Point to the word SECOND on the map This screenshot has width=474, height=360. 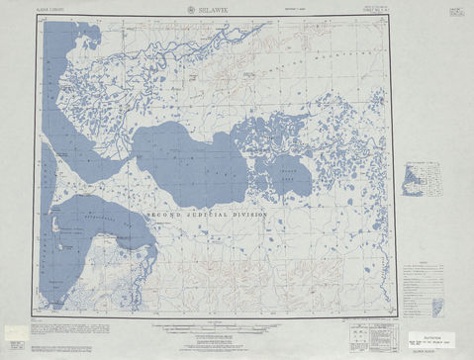point(164,214)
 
